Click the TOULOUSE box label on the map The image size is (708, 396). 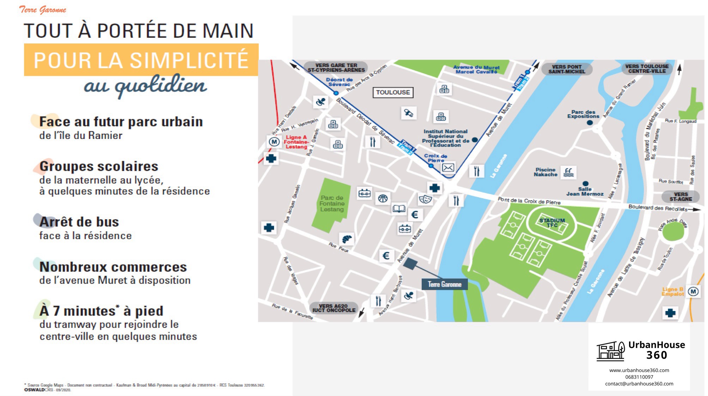point(393,92)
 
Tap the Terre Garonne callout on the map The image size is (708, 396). point(444,284)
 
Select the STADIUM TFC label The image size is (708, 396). point(552,223)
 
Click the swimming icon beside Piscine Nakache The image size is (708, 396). point(568,172)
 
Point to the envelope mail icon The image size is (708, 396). point(448,168)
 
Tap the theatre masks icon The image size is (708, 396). point(425,200)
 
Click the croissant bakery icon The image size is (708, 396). point(347,239)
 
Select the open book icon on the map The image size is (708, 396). point(399,209)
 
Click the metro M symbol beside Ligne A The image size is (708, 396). point(274,142)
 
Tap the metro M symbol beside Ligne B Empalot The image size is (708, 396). point(693,292)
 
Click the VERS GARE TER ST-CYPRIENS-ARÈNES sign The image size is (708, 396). point(336,68)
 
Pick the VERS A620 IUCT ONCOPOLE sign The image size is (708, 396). point(334,308)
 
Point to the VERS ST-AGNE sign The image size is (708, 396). point(680,197)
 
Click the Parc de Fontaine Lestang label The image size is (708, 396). point(332,204)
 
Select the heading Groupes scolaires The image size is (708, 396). point(99,166)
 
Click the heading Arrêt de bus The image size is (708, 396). point(79,222)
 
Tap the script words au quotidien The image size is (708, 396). point(145,86)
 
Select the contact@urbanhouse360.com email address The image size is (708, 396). point(639,384)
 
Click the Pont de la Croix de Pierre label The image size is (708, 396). point(529,201)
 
